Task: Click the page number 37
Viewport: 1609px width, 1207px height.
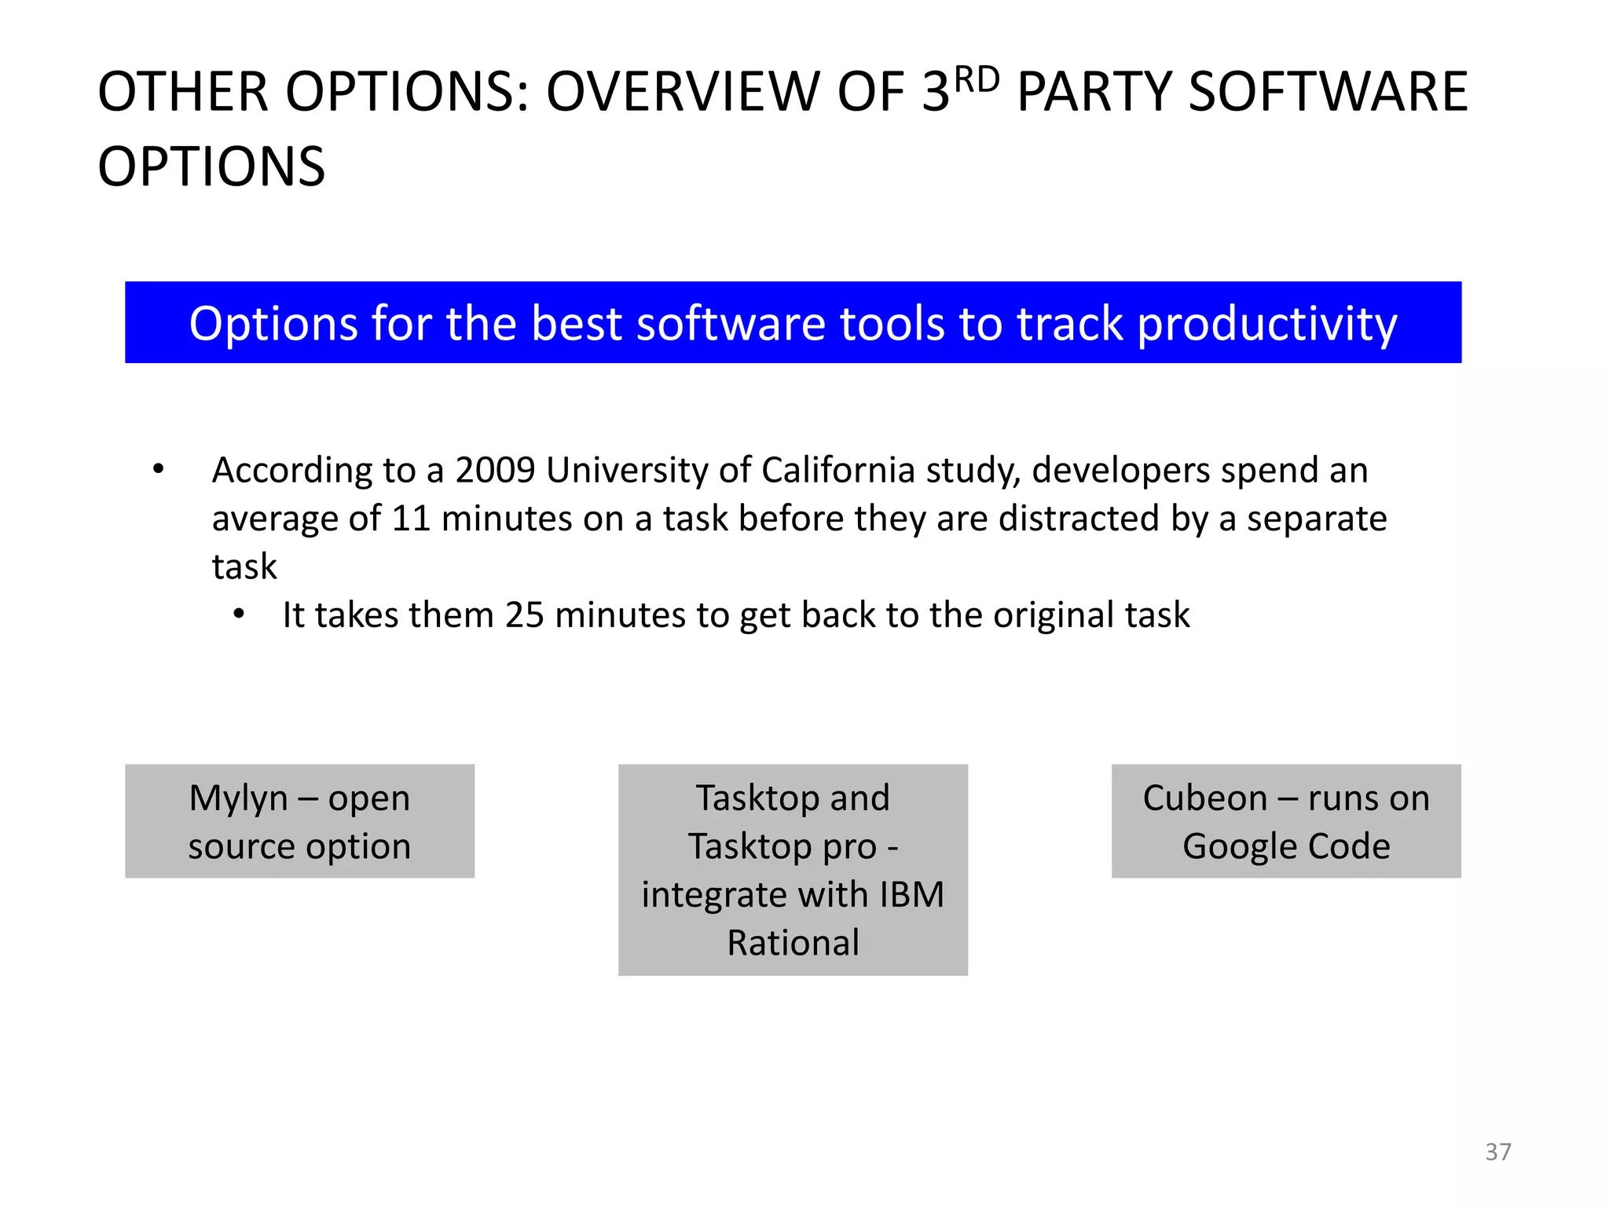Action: pyautogui.click(x=1497, y=1151)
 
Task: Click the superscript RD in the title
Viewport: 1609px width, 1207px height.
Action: pyautogui.click(x=977, y=80)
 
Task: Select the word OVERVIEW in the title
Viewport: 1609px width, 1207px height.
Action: pyautogui.click(x=683, y=92)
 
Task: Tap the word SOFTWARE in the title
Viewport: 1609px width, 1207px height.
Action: pyautogui.click(x=1328, y=92)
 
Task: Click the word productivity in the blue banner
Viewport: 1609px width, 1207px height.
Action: pyautogui.click(x=1266, y=324)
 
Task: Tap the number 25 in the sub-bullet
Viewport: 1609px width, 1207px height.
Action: pyautogui.click(x=524, y=615)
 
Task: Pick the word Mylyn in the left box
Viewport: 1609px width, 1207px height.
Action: pyautogui.click(x=238, y=798)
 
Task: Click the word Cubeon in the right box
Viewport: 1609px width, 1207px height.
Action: pyautogui.click(x=1204, y=798)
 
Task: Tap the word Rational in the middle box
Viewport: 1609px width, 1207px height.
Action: pyautogui.click(x=793, y=943)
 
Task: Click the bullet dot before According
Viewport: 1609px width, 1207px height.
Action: pyautogui.click(x=159, y=470)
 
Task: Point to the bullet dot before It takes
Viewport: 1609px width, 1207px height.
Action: pyautogui.click(x=239, y=615)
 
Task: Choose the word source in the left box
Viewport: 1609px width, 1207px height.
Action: pyautogui.click(x=242, y=847)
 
